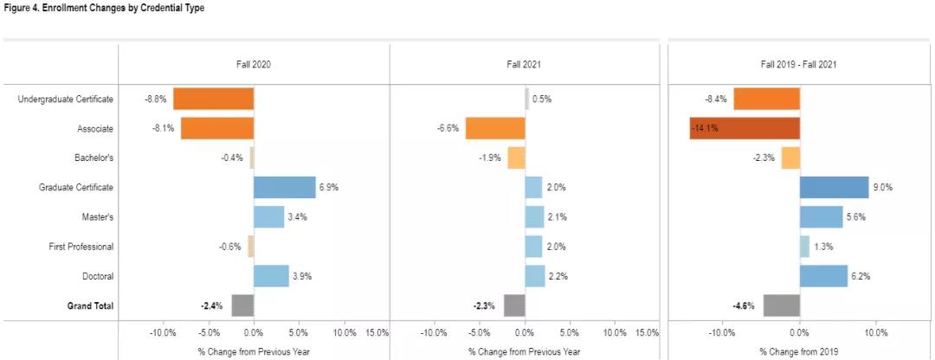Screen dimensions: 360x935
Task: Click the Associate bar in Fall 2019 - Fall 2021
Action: [745, 128]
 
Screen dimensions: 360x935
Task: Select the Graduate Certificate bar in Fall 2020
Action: [285, 187]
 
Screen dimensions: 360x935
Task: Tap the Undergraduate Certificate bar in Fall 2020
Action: [213, 99]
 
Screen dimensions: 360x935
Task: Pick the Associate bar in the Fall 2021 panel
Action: [495, 128]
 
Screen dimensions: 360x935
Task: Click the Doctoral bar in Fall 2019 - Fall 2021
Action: [823, 276]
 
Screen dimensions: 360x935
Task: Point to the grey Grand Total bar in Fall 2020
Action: [242, 305]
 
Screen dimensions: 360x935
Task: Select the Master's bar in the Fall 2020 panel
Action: [268, 216]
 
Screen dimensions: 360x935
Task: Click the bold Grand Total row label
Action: [90, 305]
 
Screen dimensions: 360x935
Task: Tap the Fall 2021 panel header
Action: [525, 65]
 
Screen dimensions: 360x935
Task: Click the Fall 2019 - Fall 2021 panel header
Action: [797, 65]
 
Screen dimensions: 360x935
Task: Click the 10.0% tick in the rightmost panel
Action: [875, 332]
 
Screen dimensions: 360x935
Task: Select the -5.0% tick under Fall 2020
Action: [208, 332]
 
